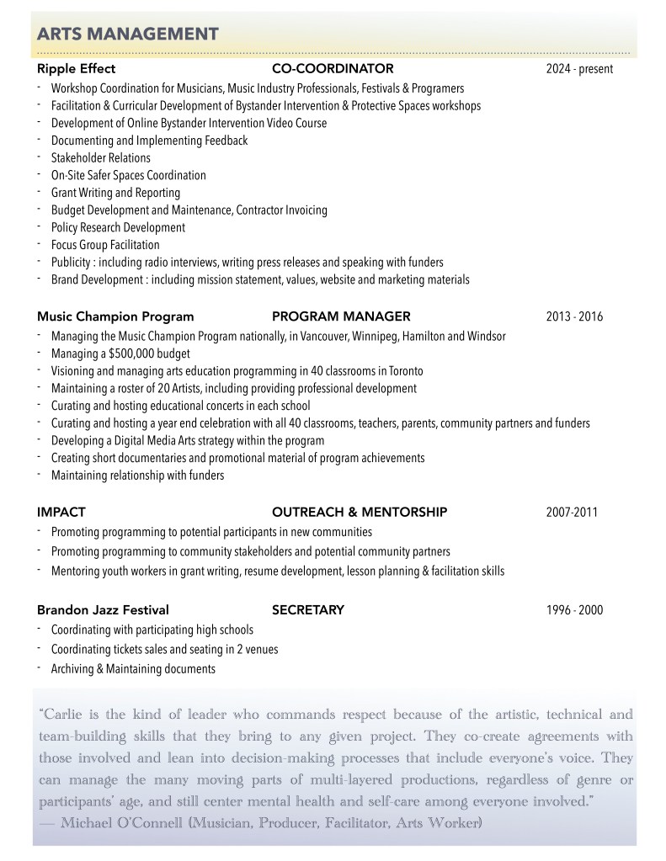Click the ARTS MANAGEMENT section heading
tap(128, 34)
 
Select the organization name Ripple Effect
tap(76, 69)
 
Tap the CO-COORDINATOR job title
tap(333, 69)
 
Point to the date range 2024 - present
tap(579, 69)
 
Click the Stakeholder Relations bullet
tap(100, 158)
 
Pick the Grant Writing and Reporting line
tap(115, 193)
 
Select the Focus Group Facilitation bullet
tap(104, 245)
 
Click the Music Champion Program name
tap(115, 317)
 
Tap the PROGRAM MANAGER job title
tap(341, 317)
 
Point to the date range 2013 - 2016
tap(574, 317)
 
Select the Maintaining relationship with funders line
tap(137, 476)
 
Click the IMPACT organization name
tap(61, 512)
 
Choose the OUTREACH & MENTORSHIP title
tap(359, 512)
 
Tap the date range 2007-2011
tap(572, 512)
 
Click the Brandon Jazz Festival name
tap(103, 610)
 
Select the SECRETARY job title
tap(307, 610)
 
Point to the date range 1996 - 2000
tap(574, 610)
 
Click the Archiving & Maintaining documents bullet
tap(133, 669)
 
